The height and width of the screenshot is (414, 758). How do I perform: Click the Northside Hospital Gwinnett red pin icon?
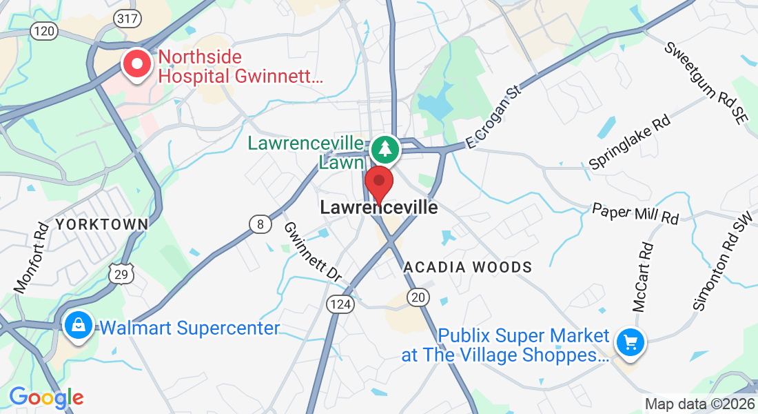tap(137, 65)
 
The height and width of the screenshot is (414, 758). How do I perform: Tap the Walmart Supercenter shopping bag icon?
tap(79, 326)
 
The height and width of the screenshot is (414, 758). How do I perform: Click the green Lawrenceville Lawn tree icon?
tap(385, 149)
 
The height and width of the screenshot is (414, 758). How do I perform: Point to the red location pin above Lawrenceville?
tap(378, 183)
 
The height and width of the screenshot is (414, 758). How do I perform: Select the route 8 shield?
tap(260, 224)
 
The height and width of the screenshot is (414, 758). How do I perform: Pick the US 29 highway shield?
tap(120, 273)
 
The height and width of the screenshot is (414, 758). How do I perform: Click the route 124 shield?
tap(340, 303)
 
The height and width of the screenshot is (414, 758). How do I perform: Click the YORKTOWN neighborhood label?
tap(102, 224)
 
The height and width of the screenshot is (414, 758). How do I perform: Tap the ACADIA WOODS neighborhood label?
tap(468, 267)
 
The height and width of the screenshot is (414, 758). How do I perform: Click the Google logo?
tap(46, 398)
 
